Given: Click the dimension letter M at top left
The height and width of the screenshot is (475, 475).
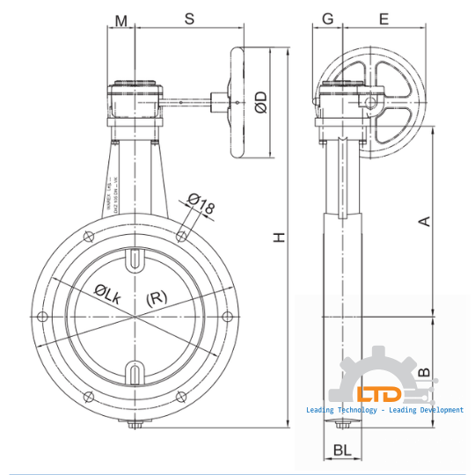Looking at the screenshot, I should coord(121,18).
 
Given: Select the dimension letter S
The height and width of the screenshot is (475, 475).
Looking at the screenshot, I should coord(188,18).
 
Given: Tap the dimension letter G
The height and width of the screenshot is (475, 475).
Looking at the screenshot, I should coord(327,18).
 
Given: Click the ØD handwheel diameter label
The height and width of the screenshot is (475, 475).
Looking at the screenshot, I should coord(260,103).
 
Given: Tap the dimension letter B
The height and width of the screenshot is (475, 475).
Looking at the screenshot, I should coord(424,373).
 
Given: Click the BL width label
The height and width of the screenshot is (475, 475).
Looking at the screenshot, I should coord(344,450).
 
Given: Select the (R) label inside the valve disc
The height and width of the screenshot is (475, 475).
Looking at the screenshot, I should coord(155,297).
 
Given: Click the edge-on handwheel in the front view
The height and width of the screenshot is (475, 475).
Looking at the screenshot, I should coord(238,103).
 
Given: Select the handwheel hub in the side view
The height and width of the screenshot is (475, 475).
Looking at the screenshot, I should coord(370,103).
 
